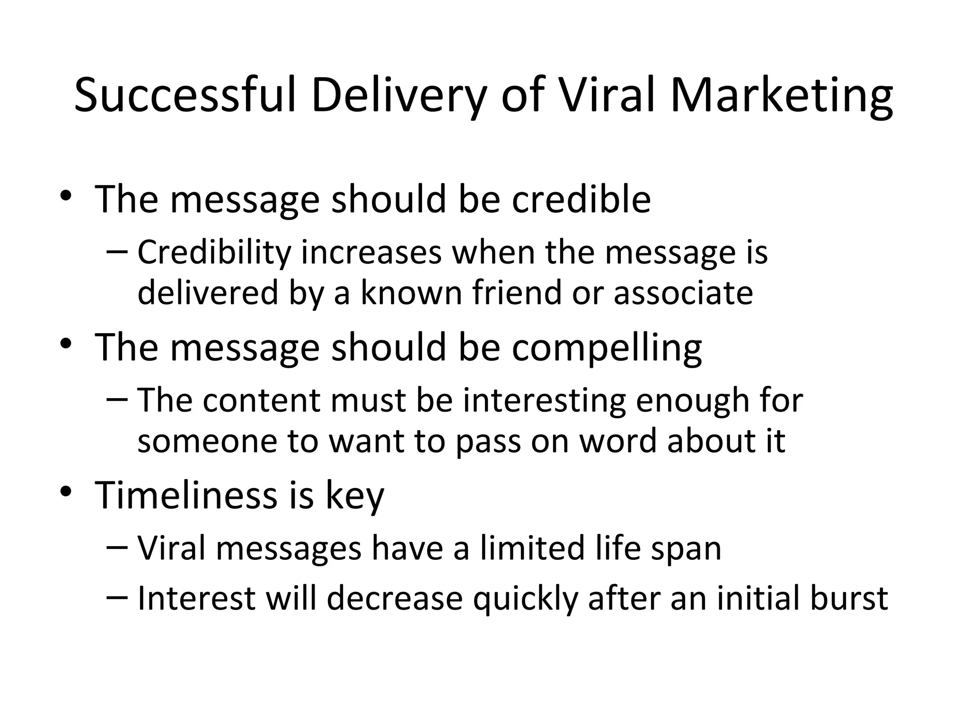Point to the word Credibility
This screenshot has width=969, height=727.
pyautogui.click(x=214, y=253)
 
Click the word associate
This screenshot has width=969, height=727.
pyautogui.click(x=683, y=293)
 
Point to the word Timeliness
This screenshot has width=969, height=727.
pyautogui.click(x=186, y=495)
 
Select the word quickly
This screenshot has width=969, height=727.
pyautogui.click(x=525, y=599)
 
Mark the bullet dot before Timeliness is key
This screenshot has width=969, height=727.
pyautogui.click(x=66, y=492)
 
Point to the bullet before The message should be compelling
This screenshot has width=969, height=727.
pyautogui.click(x=66, y=344)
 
